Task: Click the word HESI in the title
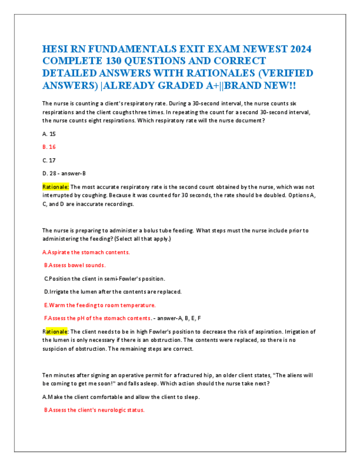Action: click(57, 49)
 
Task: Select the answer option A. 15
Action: click(49, 134)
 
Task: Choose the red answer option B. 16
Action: click(49, 147)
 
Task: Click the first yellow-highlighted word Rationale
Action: click(56, 187)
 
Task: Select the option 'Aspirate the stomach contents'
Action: click(86, 252)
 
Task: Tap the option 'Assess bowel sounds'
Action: click(75, 265)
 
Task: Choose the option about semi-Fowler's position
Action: click(104, 279)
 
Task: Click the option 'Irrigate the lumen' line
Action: click(113, 292)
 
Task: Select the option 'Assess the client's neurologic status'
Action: click(94, 410)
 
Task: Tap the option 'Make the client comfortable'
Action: click(121, 397)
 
